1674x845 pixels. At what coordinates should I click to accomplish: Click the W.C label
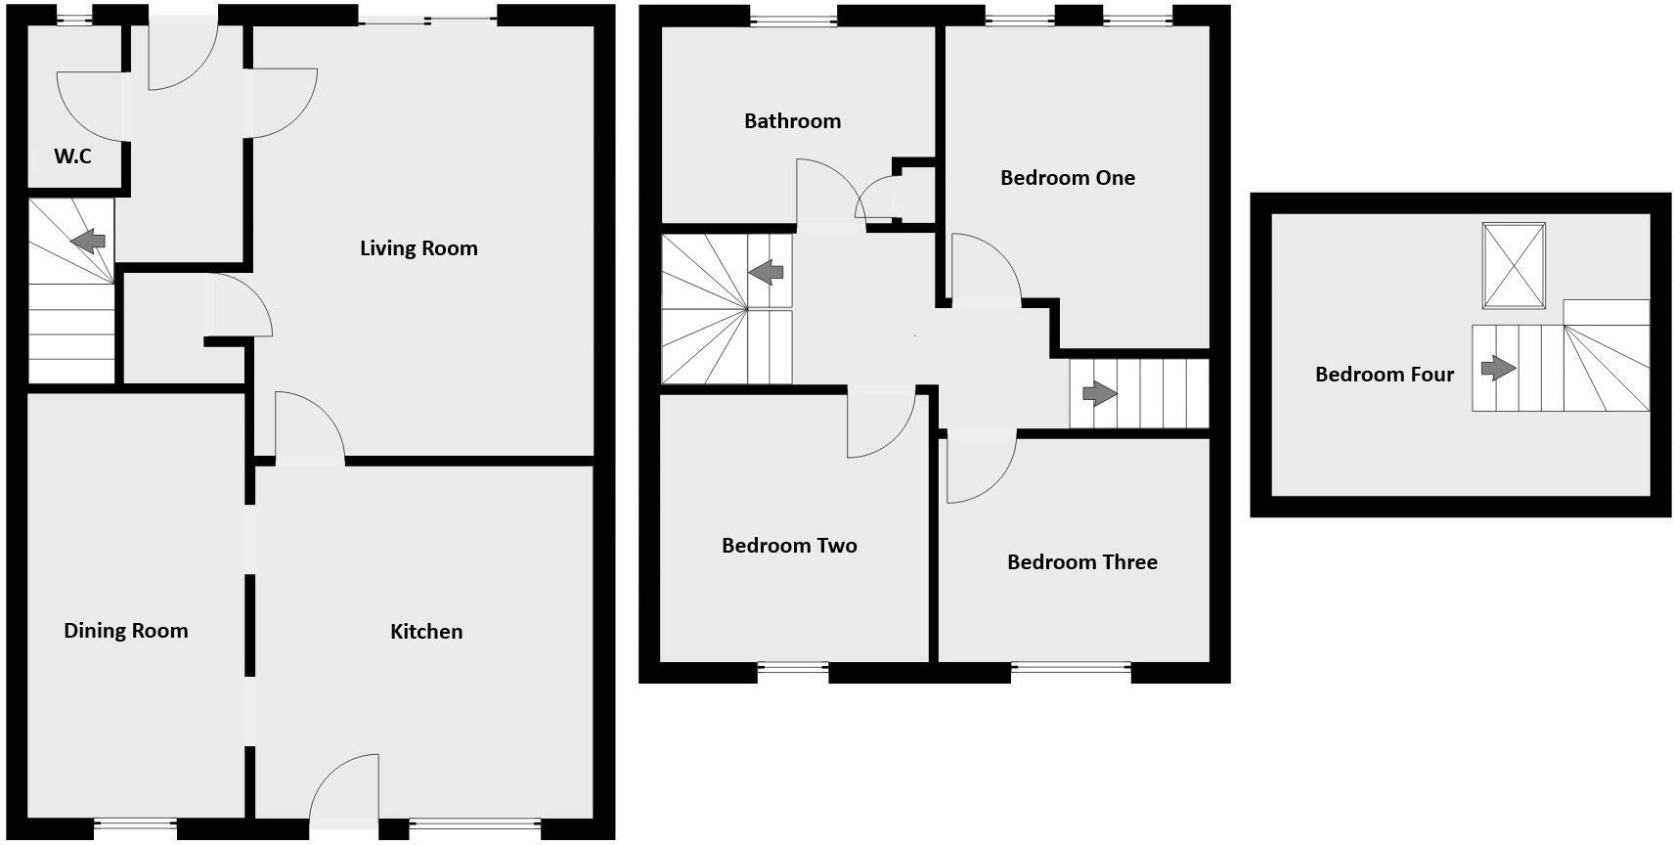(x=72, y=156)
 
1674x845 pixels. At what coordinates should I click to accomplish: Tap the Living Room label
(x=418, y=248)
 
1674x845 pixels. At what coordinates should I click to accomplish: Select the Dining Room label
(x=126, y=631)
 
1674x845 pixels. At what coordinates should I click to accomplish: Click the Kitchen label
(x=426, y=632)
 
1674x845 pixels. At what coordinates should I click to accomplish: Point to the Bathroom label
(x=792, y=121)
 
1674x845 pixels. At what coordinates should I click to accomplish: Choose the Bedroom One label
(x=1068, y=178)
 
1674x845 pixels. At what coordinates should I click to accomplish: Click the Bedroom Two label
(x=789, y=546)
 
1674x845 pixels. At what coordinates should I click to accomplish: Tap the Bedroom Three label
(x=1082, y=562)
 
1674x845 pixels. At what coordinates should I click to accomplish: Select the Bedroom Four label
(x=1385, y=375)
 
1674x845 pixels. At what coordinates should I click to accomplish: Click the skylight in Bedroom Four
(x=1514, y=265)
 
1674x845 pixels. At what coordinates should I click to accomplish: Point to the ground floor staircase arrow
(x=89, y=240)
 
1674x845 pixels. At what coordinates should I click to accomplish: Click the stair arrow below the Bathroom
(x=766, y=272)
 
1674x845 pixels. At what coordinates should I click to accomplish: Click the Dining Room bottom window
(x=135, y=826)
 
